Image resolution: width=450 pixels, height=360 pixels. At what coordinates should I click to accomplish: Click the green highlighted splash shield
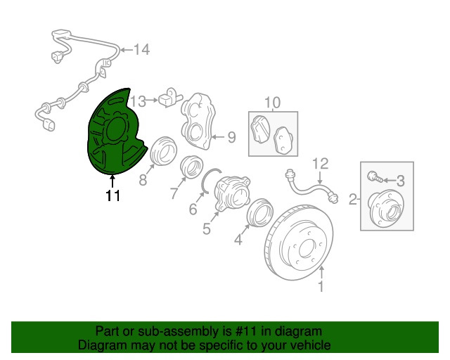click(x=112, y=130)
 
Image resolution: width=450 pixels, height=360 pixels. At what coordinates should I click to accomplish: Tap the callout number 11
click(x=113, y=196)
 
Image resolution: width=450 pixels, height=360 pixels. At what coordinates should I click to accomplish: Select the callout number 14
click(x=142, y=50)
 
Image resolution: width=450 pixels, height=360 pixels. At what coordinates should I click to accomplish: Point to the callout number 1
click(x=321, y=286)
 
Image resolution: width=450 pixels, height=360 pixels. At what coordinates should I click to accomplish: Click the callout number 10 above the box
click(x=272, y=103)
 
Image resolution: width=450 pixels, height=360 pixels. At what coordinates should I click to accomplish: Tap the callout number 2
click(x=353, y=200)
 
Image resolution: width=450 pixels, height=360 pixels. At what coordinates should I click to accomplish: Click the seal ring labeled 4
click(x=259, y=212)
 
